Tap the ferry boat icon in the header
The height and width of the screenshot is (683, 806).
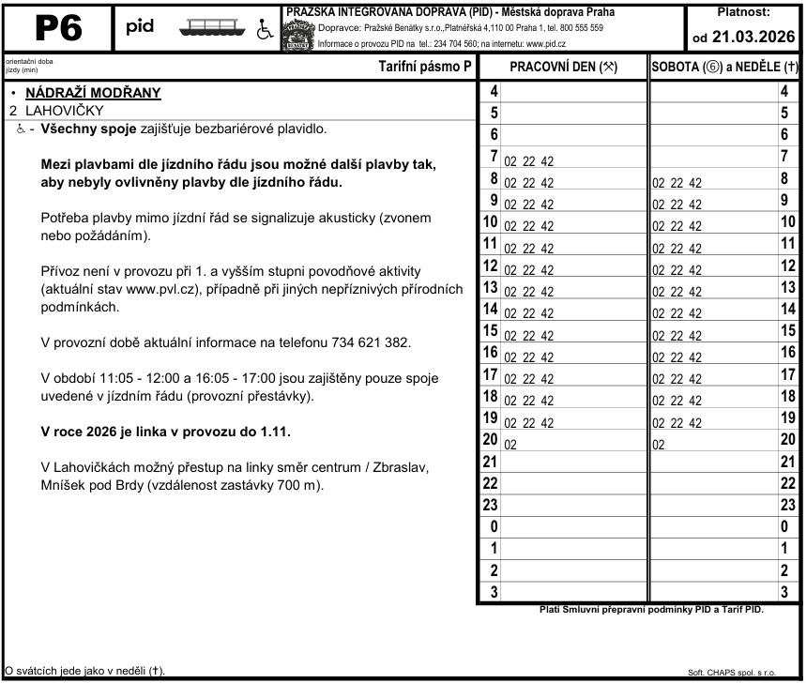pos(217,29)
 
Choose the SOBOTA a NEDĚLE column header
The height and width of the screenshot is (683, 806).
pos(724,68)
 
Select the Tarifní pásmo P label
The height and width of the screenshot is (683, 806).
pos(424,68)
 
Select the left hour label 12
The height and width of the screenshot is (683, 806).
pos(489,266)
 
